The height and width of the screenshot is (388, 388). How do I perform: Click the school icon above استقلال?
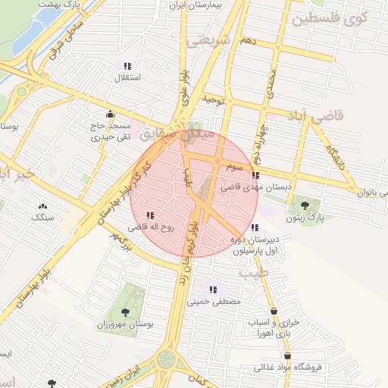click(x=127, y=66)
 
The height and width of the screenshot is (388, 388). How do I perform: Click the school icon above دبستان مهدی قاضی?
click(x=255, y=175)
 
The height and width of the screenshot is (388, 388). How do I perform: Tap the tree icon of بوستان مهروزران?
click(x=125, y=311)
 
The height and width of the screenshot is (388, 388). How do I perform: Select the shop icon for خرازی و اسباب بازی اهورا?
click(x=274, y=311)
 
